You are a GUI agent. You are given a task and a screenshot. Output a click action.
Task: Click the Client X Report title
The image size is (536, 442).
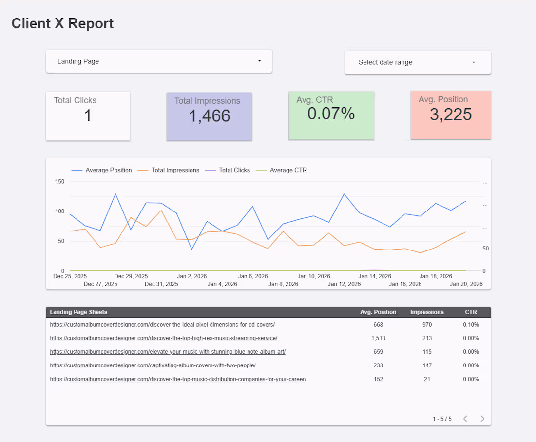point(62,23)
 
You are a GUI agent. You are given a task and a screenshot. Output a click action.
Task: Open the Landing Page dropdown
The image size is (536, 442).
point(159,61)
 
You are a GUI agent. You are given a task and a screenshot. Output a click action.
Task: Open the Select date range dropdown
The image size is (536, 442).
point(418,62)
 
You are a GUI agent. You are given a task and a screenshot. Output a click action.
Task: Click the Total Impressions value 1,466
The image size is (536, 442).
point(210,116)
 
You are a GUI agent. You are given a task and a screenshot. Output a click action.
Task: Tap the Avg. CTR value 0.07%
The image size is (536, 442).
point(331,114)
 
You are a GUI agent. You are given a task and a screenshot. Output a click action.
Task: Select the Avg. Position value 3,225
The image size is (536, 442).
point(451,115)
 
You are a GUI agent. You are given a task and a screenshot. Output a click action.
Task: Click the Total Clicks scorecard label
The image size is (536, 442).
point(75,100)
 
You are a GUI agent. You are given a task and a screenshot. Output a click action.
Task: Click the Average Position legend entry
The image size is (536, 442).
point(108,170)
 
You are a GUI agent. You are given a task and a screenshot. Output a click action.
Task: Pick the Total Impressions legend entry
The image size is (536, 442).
point(175,170)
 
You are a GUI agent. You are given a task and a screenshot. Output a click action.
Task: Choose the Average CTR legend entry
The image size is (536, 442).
point(288,170)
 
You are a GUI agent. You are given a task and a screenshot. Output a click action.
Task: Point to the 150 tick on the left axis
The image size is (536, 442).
point(59,181)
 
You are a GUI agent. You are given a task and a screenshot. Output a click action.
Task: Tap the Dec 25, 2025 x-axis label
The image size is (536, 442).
point(70,276)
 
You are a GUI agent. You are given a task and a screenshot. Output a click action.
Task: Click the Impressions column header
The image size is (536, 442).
point(427,312)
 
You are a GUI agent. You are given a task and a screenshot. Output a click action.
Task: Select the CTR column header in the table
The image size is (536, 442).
point(471,312)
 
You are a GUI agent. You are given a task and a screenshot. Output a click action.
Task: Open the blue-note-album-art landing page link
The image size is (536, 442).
point(168,352)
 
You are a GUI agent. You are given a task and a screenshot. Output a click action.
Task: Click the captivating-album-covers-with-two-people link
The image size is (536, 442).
point(153,365)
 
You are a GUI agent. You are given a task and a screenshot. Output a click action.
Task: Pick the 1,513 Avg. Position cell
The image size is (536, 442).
point(378,338)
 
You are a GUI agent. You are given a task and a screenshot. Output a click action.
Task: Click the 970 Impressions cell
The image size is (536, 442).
point(427,325)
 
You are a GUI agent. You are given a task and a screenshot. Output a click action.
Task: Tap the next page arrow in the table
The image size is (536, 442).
point(482,419)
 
